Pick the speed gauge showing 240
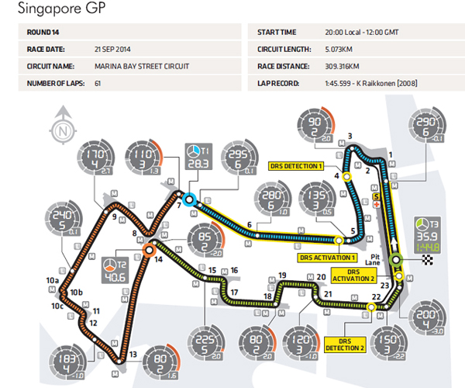click(65, 220)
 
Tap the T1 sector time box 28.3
click(198, 158)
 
